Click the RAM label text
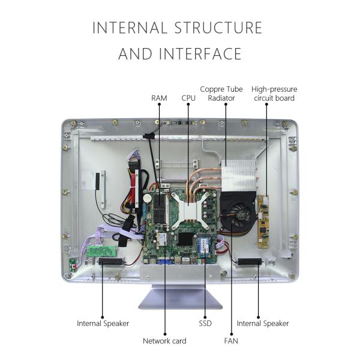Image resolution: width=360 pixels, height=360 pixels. (159, 98)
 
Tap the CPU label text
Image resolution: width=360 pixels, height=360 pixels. (188, 98)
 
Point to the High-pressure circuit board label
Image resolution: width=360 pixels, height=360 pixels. (274, 94)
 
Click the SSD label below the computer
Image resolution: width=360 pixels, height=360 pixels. (205, 323)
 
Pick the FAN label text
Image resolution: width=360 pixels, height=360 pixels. (231, 341)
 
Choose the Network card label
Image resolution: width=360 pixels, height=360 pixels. (164, 341)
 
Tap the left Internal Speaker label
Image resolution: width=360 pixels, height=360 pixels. (103, 323)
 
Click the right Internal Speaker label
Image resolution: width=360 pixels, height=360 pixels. (263, 323)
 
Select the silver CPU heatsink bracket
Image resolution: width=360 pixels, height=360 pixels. (188, 209)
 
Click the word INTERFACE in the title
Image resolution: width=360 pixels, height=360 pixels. (200, 54)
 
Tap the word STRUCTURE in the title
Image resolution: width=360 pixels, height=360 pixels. (218, 28)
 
